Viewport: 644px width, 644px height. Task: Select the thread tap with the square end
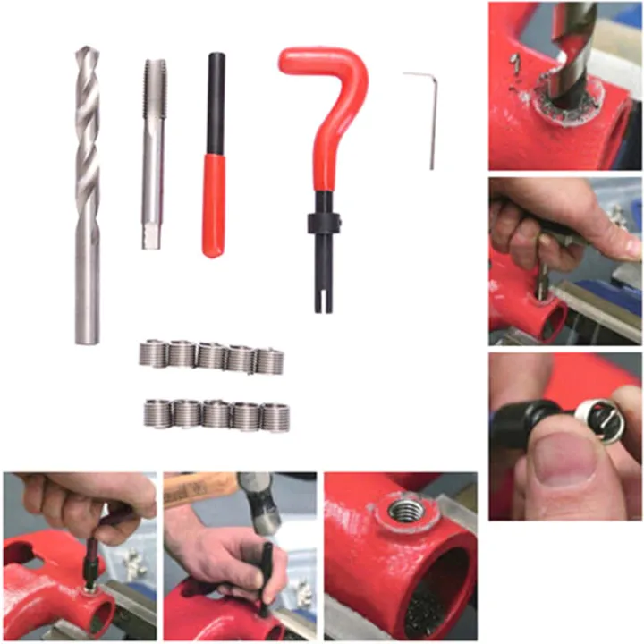click(x=153, y=152)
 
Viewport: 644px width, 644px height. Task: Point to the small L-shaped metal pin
click(x=428, y=116)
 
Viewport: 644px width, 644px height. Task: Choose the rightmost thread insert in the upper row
click(x=269, y=360)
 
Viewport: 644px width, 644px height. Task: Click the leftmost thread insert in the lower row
click(x=158, y=413)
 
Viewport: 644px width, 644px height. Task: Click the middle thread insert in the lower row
click(x=216, y=414)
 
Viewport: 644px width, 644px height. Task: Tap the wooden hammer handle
click(x=197, y=488)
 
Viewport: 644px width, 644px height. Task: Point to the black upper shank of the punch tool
click(x=216, y=103)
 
